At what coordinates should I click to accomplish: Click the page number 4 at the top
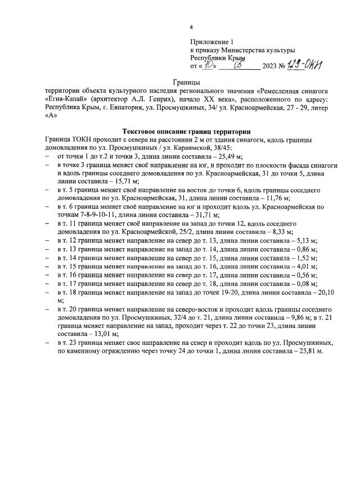pyautogui.click(x=191, y=28)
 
